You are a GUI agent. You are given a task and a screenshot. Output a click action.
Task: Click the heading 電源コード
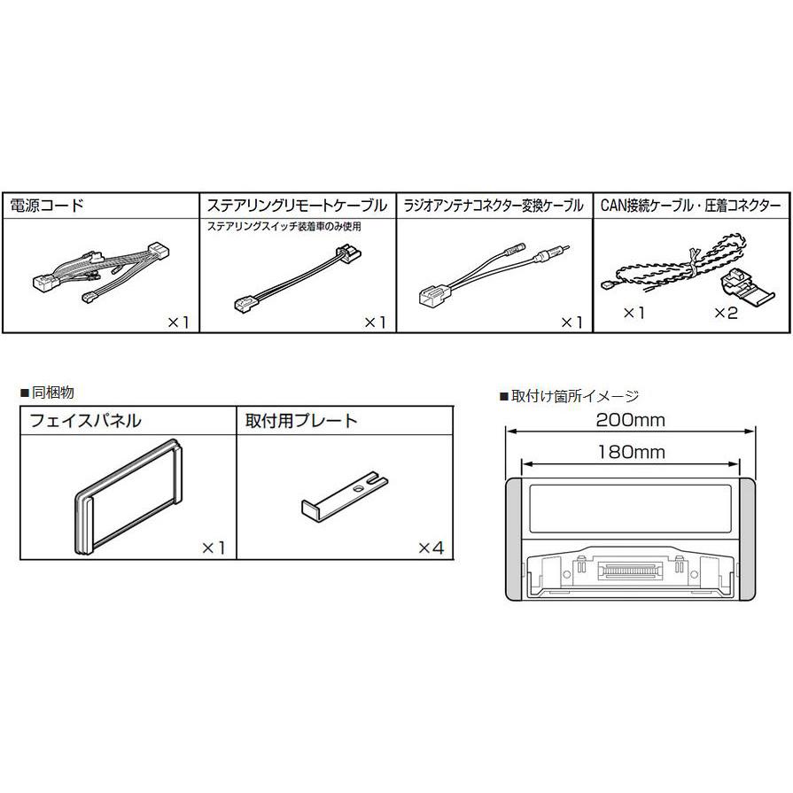click(46, 206)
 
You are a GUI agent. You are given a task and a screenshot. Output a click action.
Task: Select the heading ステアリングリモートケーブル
click(296, 206)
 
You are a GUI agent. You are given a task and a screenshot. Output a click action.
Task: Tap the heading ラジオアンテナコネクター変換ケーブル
click(493, 206)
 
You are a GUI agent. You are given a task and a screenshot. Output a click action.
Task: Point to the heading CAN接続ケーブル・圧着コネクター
click(690, 206)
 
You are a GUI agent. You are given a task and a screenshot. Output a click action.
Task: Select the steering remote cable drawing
click(297, 279)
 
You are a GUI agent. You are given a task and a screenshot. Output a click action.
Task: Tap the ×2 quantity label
click(725, 314)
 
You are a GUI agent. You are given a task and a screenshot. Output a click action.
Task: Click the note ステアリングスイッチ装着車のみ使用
click(284, 227)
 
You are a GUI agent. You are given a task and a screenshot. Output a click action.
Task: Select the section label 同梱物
click(42, 391)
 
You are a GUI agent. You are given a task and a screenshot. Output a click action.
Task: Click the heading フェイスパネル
click(86, 421)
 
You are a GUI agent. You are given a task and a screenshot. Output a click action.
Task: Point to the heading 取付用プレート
click(301, 421)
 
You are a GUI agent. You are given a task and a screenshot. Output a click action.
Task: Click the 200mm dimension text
click(630, 419)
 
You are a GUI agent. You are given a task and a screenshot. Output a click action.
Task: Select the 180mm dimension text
click(630, 451)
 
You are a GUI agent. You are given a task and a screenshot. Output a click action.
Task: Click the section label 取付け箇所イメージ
click(569, 396)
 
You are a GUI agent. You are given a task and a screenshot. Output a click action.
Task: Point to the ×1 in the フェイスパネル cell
click(214, 548)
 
